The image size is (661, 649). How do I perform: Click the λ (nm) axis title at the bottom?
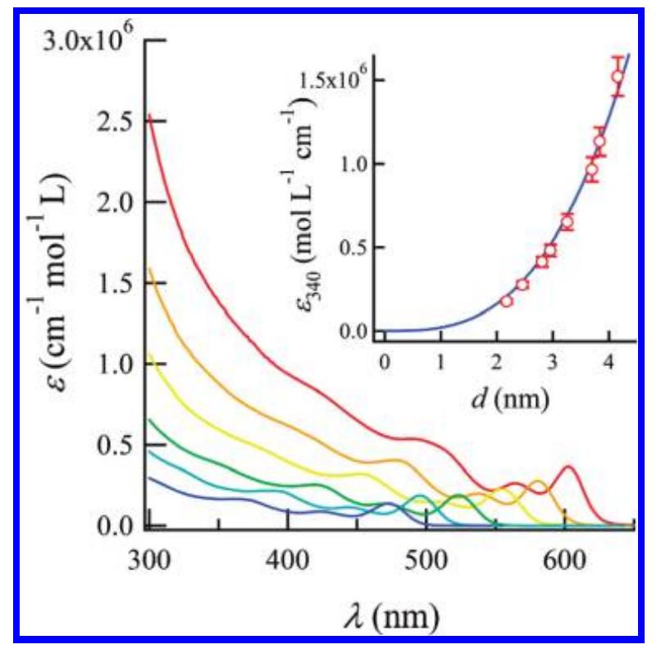(391, 610)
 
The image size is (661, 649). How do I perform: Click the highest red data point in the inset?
(618, 77)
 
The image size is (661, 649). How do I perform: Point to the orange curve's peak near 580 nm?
(538, 482)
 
